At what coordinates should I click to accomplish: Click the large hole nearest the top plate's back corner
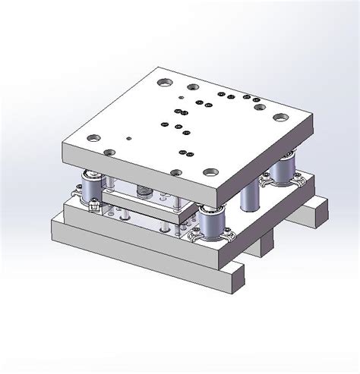[165, 81]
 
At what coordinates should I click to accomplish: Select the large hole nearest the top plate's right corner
[281, 118]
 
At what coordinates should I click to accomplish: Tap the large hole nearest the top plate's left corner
[93, 139]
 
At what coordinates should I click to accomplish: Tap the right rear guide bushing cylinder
[286, 168]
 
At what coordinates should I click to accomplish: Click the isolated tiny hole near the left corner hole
[130, 138]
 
